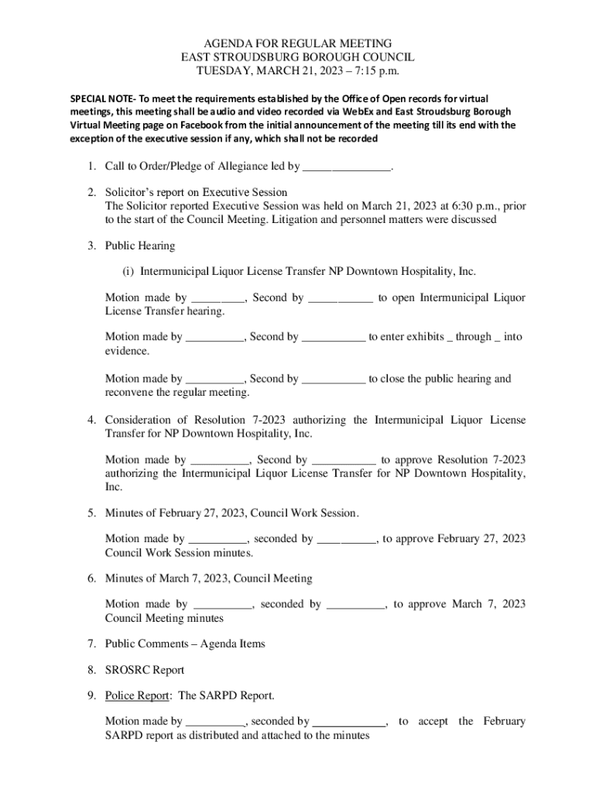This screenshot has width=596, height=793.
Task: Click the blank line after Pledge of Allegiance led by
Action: [346, 166]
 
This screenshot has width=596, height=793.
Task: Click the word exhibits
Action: [420, 337]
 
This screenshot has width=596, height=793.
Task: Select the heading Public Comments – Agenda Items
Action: [185, 644]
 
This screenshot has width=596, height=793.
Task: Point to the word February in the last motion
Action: [504, 721]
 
